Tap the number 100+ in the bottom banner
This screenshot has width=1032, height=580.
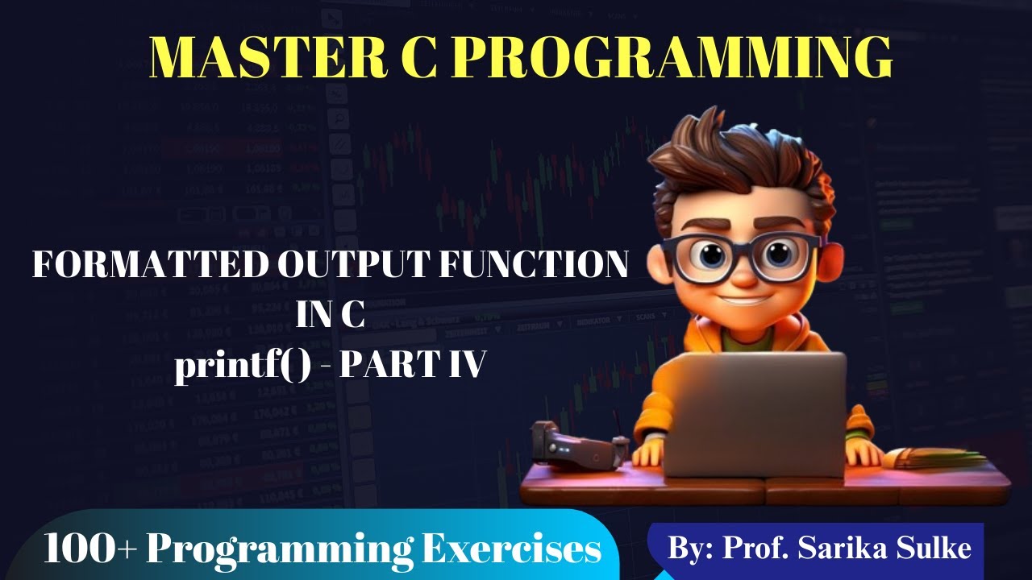88,549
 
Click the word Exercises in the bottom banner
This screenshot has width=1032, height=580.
512,549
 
